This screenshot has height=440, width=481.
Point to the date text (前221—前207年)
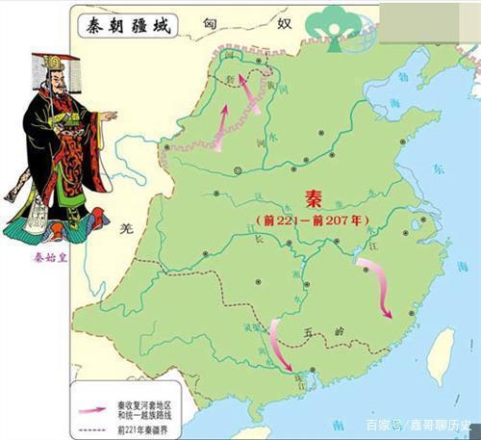(310, 220)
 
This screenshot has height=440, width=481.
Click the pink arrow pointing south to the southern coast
(280, 344)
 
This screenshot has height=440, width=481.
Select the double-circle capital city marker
(238, 170)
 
